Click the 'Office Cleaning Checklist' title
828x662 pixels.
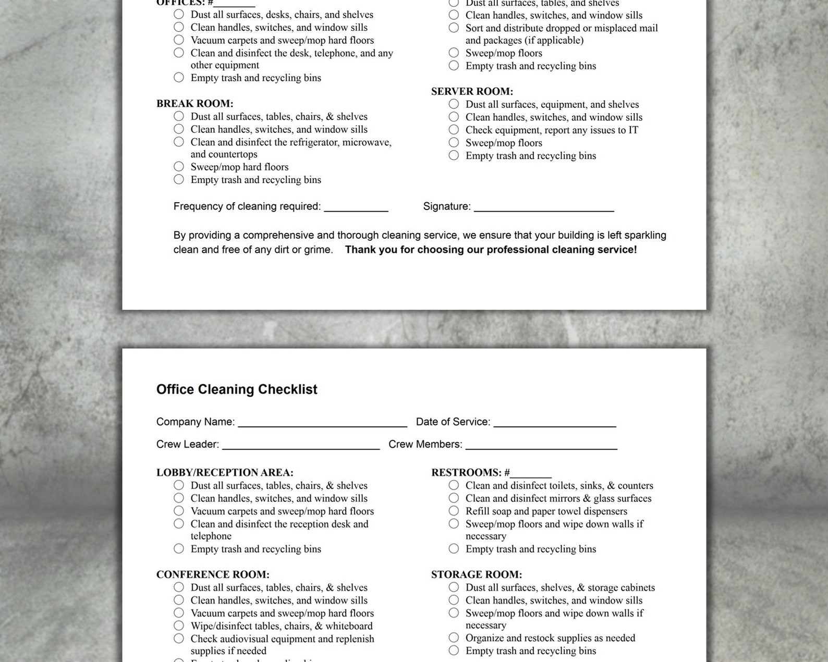click(237, 389)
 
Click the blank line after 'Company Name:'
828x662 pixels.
click(322, 423)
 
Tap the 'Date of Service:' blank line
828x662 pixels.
click(555, 423)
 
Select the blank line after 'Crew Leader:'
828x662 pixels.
click(301, 446)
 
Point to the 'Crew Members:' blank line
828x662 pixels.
click(541, 446)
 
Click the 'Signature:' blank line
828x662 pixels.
click(544, 208)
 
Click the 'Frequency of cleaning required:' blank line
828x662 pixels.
click(356, 208)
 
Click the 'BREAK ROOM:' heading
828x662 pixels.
click(194, 104)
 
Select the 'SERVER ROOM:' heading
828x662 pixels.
click(472, 91)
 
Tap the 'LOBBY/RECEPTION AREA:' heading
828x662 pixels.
click(225, 473)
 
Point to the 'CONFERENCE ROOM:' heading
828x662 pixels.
click(213, 574)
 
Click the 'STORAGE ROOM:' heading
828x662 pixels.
click(476, 574)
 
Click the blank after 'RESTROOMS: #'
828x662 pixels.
click(531, 474)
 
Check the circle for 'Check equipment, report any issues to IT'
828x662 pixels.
click(454, 130)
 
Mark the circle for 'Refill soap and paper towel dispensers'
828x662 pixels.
click(454, 511)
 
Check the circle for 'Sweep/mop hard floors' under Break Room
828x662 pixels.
click(179, 167)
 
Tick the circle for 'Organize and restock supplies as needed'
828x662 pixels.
click(454, 638)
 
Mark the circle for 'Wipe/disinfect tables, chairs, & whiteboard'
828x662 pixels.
click(179, 626)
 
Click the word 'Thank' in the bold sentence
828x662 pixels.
click(359, 250)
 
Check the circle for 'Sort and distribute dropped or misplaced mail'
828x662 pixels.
click(454, 28)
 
